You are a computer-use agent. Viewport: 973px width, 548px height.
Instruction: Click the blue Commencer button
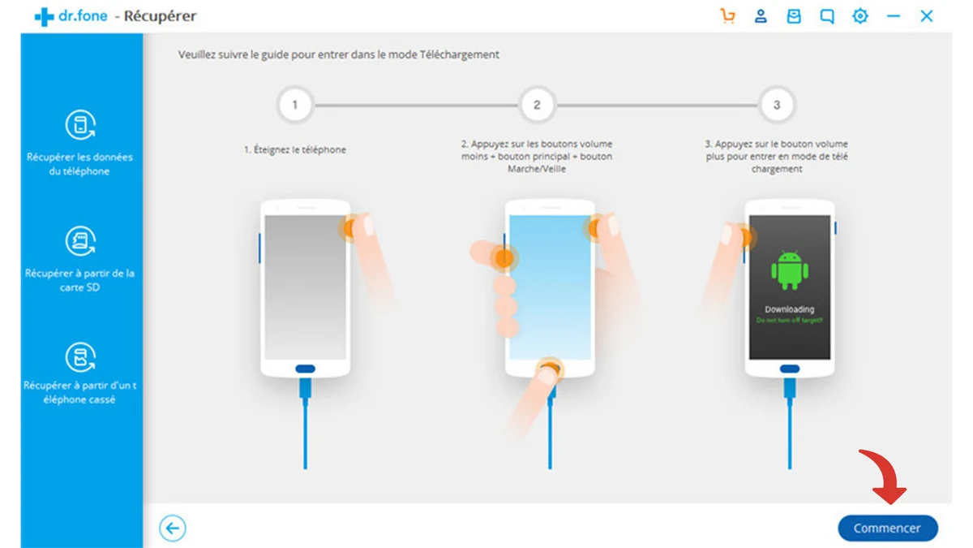887,528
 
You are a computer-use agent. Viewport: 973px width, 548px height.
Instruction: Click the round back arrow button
173,529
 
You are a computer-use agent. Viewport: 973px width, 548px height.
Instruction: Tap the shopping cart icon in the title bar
727,16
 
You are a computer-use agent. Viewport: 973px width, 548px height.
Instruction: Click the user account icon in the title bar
761,16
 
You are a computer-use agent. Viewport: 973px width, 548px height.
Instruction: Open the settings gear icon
859,16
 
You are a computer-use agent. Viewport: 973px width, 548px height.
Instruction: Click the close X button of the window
926,16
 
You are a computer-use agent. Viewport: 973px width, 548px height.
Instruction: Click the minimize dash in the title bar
893,16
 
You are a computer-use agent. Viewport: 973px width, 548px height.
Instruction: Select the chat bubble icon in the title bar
826,16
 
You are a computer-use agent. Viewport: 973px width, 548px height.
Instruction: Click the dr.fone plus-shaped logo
44,16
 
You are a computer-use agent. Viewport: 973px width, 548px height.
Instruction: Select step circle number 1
294,105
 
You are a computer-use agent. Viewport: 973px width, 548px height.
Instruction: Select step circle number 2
536,105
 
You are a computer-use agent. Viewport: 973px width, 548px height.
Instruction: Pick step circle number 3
776,105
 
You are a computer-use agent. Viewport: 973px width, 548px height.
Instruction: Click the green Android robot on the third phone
789,270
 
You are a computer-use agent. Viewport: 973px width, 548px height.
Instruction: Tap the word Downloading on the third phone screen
789,309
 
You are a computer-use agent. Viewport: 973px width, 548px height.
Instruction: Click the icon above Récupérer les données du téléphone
79,126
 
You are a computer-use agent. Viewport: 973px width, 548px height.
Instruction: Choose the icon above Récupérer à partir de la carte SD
79,242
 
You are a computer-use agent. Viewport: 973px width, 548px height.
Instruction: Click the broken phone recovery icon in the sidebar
79,357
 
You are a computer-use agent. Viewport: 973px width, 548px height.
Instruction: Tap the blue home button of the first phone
305,369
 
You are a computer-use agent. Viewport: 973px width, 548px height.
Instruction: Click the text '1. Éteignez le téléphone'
295,150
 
